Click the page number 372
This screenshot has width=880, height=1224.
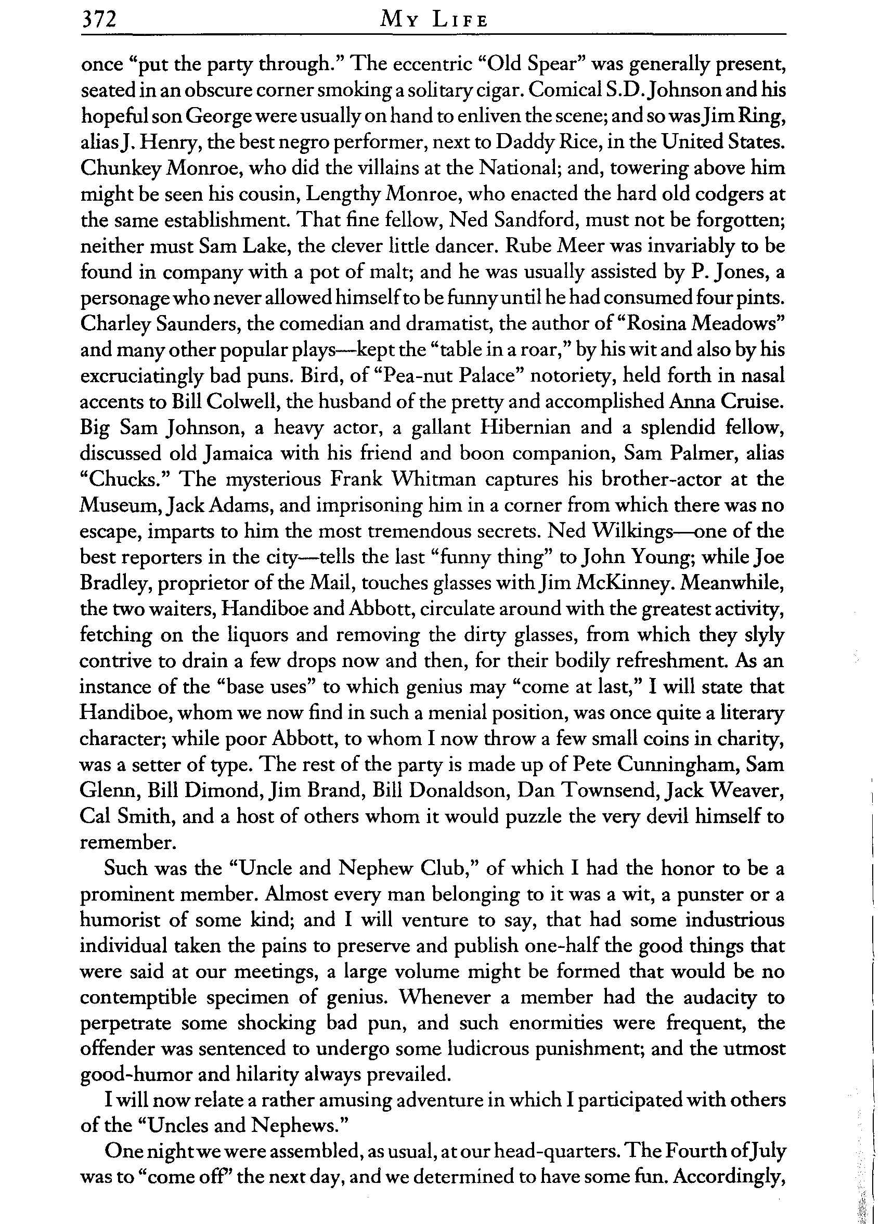tap(99, 20)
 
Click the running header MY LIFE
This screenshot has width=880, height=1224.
tap(434, 20)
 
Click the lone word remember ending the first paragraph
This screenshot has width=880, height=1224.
tap(126, 842)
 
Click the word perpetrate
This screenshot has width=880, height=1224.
tap(125, 1024)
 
